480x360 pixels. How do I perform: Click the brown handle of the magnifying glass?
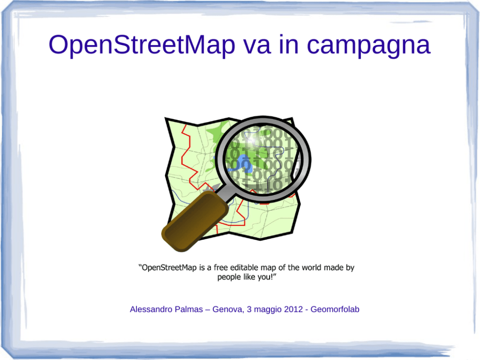(x=195, y=221)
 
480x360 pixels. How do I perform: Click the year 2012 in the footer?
(x=293, y=309)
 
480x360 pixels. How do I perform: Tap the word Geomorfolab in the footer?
(x=335, y=309)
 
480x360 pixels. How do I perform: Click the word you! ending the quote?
(x=268, y=277)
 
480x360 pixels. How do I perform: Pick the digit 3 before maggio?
(x=249, y=309)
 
